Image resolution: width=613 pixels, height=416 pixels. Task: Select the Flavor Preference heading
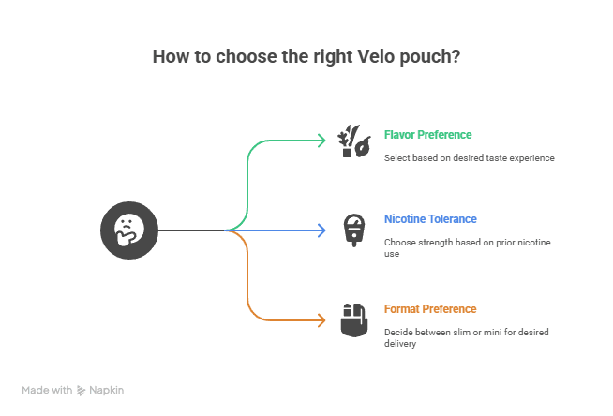coord(427,134)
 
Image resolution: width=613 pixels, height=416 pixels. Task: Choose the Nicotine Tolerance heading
coord(430,219)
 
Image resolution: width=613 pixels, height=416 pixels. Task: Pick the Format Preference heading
coord(430,308)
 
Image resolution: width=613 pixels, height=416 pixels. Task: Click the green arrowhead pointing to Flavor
coord(321,141)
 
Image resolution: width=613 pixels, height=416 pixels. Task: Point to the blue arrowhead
coord(321,230)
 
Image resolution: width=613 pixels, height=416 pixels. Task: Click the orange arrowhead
coord(321,319)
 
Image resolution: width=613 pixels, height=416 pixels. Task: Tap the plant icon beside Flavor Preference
coord(353,141)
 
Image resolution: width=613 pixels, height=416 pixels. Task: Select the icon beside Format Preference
coord(353,319)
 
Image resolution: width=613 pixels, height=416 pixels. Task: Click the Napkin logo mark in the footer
coord(82,390)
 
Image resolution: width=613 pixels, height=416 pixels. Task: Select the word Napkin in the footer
coord(106,390)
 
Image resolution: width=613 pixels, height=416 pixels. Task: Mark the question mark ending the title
coord(456,56)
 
